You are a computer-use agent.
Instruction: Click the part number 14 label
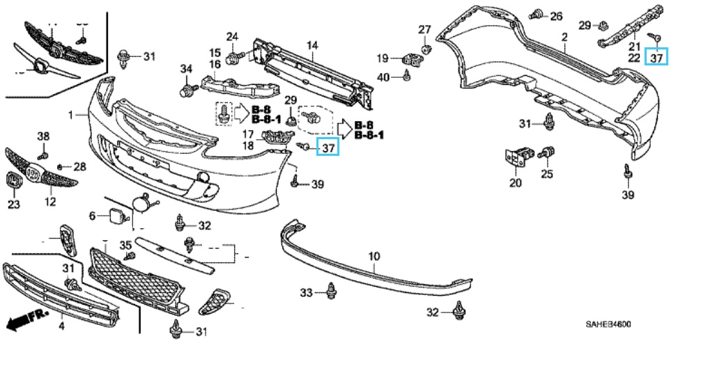click(x=312, y=46)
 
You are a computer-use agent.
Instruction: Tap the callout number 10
click(x=374, y=257)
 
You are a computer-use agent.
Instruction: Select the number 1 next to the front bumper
click(x=70, y=113)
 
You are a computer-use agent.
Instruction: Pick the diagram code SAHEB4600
click(x=608, y=324)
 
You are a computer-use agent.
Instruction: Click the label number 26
click(x=555, y=15)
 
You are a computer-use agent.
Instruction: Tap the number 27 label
click(x=425, y=29)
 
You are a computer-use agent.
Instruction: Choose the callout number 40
click(x=384, y=77)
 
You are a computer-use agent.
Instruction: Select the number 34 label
click(x=186, y=68)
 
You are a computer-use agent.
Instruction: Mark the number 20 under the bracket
click(x=515, y=184)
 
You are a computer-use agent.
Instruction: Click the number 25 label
click(x=547, y=173)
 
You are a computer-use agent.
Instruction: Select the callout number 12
click(x=50, y=202)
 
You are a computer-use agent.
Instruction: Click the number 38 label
click(x=44, y=135)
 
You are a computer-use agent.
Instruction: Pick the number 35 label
click(x=125, y=244)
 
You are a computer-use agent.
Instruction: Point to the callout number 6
click(x=91, y=216)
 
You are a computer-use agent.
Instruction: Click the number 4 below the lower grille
click(x=61, y=325)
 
